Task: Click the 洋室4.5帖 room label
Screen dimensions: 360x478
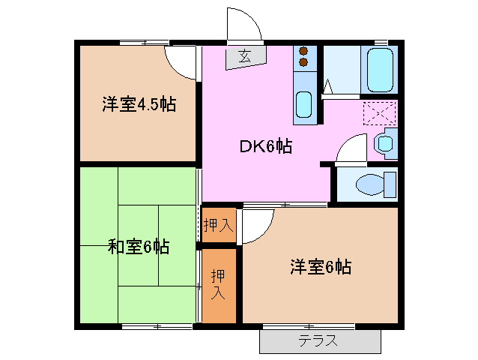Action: click(x=139, y=104)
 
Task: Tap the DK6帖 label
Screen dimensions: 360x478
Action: click(x=265, y=146)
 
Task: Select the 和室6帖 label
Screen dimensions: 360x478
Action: click(x=139, y=246)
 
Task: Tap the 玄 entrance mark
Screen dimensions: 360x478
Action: click(x=244, y=55)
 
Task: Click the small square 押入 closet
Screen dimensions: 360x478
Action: click(x=219, y=225)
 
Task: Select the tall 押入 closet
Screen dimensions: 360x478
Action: click(x=218, y=283)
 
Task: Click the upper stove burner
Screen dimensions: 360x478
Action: click(x=304, y=51)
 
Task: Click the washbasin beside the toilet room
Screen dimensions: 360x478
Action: click(x=387, y=142)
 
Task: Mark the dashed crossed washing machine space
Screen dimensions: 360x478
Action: click(x=378, y=113)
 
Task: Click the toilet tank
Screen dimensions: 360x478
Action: click(x=389, y=184)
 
